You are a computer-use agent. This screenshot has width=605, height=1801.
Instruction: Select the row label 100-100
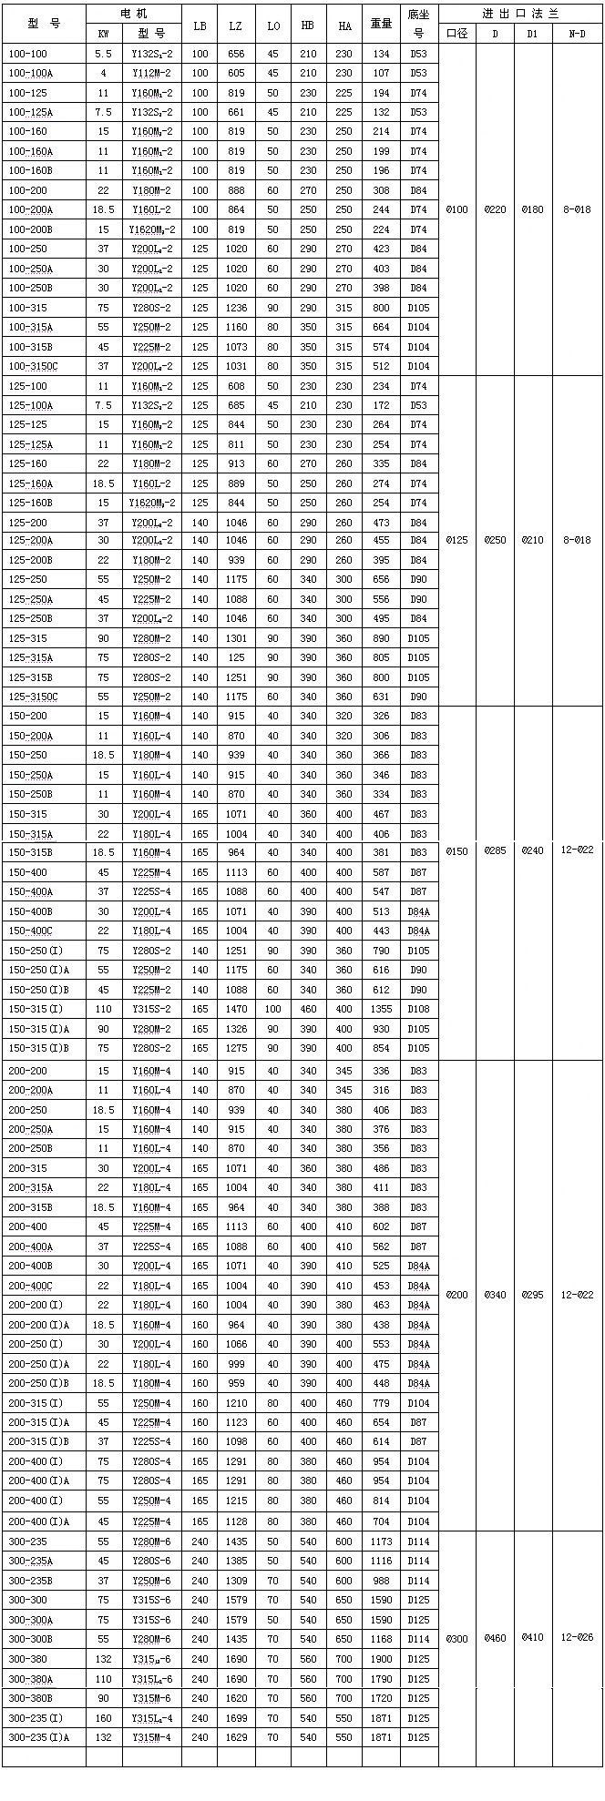click(x=28, y=55)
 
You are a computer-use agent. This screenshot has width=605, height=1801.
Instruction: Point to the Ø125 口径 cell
click(x=457, y=540)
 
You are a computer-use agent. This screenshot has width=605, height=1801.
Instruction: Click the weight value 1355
click(x=381, y=1010)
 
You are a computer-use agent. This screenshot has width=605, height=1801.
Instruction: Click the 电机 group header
click(x=133, y=14)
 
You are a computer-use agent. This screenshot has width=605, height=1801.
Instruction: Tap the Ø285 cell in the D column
click(x=495, y=851)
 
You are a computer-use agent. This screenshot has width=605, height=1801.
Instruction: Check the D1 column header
click(x=533, y=35)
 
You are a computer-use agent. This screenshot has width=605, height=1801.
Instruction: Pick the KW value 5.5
click(x=104, y=55)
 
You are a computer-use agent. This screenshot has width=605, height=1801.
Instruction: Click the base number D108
click(x=418, y=1010)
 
